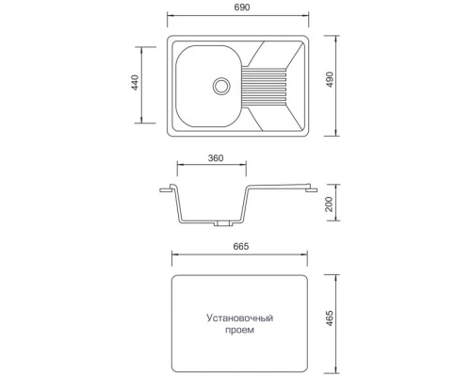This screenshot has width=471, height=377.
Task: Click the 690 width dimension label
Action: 242,7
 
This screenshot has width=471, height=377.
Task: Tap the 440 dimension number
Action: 135,82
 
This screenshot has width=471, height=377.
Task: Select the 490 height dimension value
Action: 330,79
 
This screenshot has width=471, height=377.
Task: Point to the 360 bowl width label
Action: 216,157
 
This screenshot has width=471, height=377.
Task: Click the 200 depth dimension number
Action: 329,205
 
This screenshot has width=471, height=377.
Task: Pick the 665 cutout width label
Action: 241,246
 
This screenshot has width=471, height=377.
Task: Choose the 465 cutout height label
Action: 330,318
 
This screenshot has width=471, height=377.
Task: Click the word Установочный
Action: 240,318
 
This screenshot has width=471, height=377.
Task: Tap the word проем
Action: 239,330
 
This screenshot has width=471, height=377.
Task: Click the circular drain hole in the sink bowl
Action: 221,86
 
